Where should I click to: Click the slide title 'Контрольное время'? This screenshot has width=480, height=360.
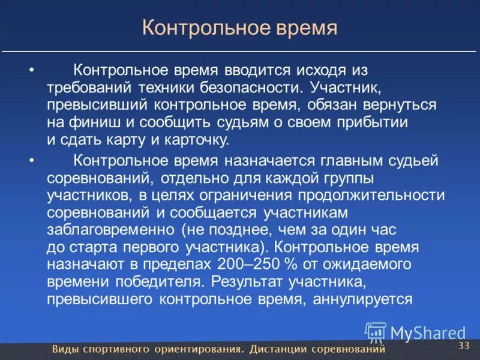(239, 28)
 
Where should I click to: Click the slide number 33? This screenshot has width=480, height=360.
(463, 346)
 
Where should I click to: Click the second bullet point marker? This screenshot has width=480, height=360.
(32, 160)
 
